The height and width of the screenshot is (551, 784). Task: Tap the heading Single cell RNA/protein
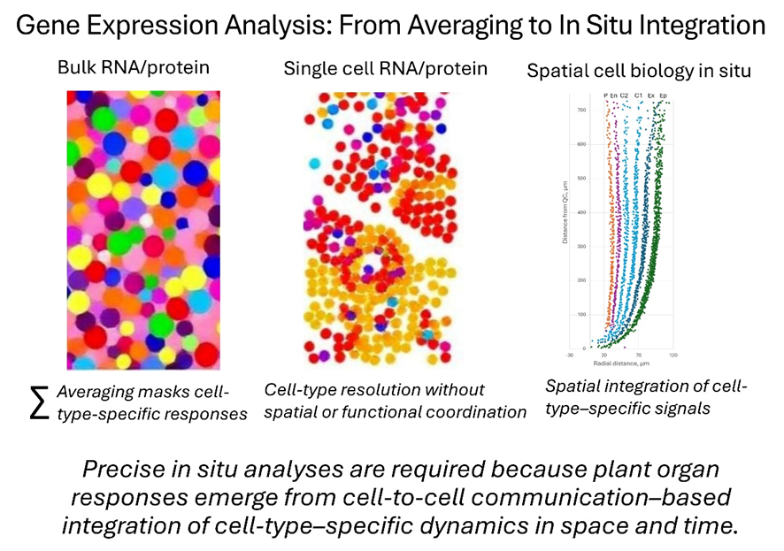(x=386, y=67)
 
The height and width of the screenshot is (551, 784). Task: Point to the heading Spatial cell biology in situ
(x=639, y=71)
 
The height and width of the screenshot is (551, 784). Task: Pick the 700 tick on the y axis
(x=581, y=111)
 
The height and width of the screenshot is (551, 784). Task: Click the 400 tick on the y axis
(x=581, y=212)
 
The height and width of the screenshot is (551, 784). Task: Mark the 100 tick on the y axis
(x=581, y=315)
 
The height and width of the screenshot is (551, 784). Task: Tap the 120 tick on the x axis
(x=674, y=356)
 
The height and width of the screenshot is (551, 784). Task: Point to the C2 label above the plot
(x=625, y=95)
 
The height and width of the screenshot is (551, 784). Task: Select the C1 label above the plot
(x=639, y=95)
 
